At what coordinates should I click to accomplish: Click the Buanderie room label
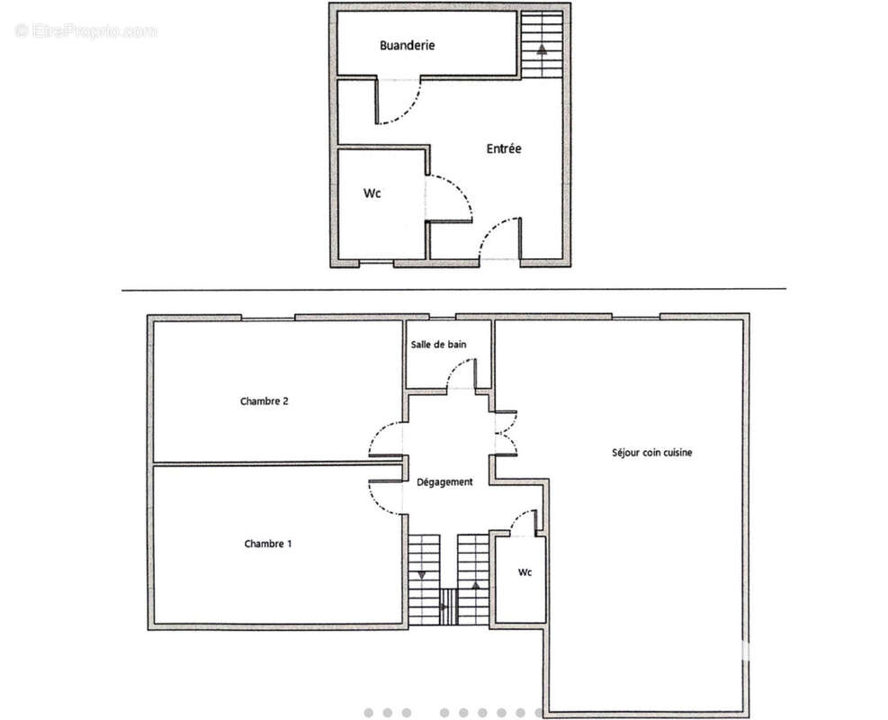(407, 45)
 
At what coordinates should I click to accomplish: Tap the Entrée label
(504, 148)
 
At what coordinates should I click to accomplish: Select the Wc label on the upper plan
(372, 193)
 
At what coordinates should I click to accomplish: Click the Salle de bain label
(438, 345)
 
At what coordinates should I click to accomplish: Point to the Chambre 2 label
(264, 401)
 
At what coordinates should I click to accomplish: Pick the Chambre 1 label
(267, 544)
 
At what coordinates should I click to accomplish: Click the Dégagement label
(444, 482)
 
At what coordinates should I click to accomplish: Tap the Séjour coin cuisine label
(651, 453)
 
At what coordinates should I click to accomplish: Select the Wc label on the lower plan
(524, 572)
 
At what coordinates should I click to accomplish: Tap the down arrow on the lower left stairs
(422, 574)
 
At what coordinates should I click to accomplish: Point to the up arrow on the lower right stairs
(473, 584)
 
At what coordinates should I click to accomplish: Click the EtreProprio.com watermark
(85, 31)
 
